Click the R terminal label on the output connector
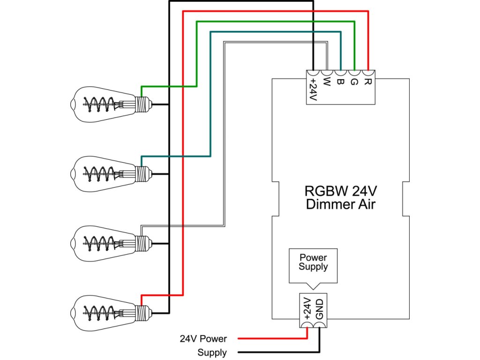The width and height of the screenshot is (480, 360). click(368, 83)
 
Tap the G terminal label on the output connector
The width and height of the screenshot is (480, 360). click(354, 83)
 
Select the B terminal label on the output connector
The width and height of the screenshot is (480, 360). click(341, 83)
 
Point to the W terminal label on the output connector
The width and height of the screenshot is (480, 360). click(327, 83)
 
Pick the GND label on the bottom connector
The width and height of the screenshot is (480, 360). click(320, 309)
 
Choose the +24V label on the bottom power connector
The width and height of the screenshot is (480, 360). click(307, 309)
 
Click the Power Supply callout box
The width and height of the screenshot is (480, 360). click(313, 265)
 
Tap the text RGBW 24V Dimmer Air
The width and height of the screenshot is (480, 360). click(340, 198)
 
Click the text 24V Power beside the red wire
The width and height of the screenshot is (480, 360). click(203, 338)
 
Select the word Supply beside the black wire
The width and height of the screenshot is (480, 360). click(212, 352)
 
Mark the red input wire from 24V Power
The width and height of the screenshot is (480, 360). click(272, 338)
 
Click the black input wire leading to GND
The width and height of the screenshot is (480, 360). click(281, 352)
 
